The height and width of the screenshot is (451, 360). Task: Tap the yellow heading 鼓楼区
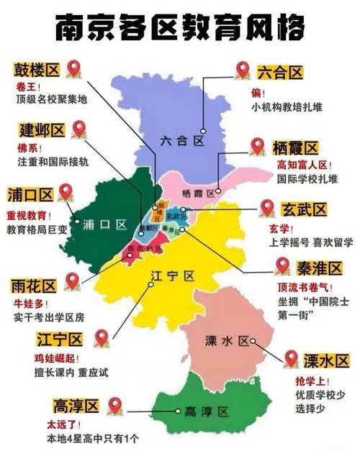click(37, 70)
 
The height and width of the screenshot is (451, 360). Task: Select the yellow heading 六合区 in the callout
click(279, 72)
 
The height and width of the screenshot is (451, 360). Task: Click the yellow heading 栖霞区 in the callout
click(294, 148)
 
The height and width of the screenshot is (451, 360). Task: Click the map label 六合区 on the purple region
click(181, 142)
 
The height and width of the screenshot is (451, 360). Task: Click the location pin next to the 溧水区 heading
click(291, 358)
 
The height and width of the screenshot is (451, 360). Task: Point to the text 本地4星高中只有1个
click(92, 438)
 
